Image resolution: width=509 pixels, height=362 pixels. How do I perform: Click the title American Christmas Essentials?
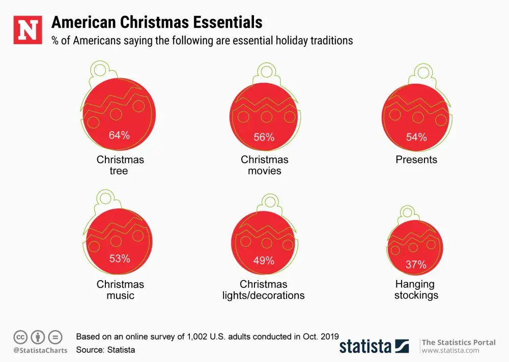click(157, 22)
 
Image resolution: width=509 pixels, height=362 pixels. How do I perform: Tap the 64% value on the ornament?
click(119, 135)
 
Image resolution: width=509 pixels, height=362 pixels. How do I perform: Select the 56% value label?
click(264, 137)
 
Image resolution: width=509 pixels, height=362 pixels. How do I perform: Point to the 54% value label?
click(416, 137)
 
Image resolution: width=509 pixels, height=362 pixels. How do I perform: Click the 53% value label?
click(120, 259)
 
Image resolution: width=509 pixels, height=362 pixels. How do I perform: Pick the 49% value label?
click(264, 261)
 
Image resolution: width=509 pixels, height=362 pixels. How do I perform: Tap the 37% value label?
click(416, 265)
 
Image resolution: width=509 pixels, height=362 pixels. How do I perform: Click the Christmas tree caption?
click(120, 165)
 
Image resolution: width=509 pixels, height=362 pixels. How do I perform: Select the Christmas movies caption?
click(265, 165)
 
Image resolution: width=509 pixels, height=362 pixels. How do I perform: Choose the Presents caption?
click(416, 160)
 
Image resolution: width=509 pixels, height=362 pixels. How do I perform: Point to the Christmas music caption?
click(120, 290)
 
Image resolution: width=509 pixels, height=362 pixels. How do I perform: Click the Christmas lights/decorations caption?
click(264, 290)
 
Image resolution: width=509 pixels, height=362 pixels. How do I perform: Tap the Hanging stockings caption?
click(416, 290)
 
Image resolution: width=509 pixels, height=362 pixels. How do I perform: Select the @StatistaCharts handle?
click(40, 350)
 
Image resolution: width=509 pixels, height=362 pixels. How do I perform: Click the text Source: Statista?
click(105, 350)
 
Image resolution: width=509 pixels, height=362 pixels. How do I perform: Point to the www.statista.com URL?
click(450, 350)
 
